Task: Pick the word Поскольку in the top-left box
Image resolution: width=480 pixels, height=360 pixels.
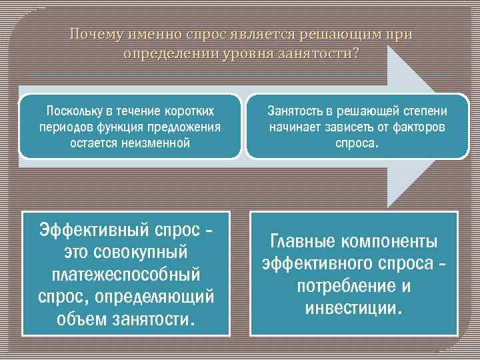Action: pos(71,110)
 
